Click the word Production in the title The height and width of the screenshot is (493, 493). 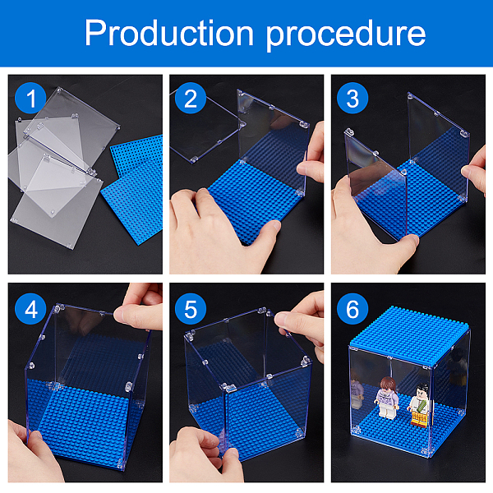tap(168, 34)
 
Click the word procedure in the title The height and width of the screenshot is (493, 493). tap(346, 35)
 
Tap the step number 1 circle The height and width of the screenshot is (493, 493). tap(30, 98)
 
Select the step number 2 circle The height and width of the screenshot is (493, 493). tap(191, 98)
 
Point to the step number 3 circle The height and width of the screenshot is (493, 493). tap(352, 98)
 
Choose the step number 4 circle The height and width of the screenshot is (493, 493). tap(30, 309)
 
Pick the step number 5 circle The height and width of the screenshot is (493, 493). tap(191, 309)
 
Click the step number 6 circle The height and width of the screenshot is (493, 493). tap(352, 309)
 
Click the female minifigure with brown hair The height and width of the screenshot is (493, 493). tap(387, 398)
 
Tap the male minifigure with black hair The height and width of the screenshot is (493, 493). tap(420, 406)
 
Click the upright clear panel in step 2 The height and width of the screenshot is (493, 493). tap(272, 145)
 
